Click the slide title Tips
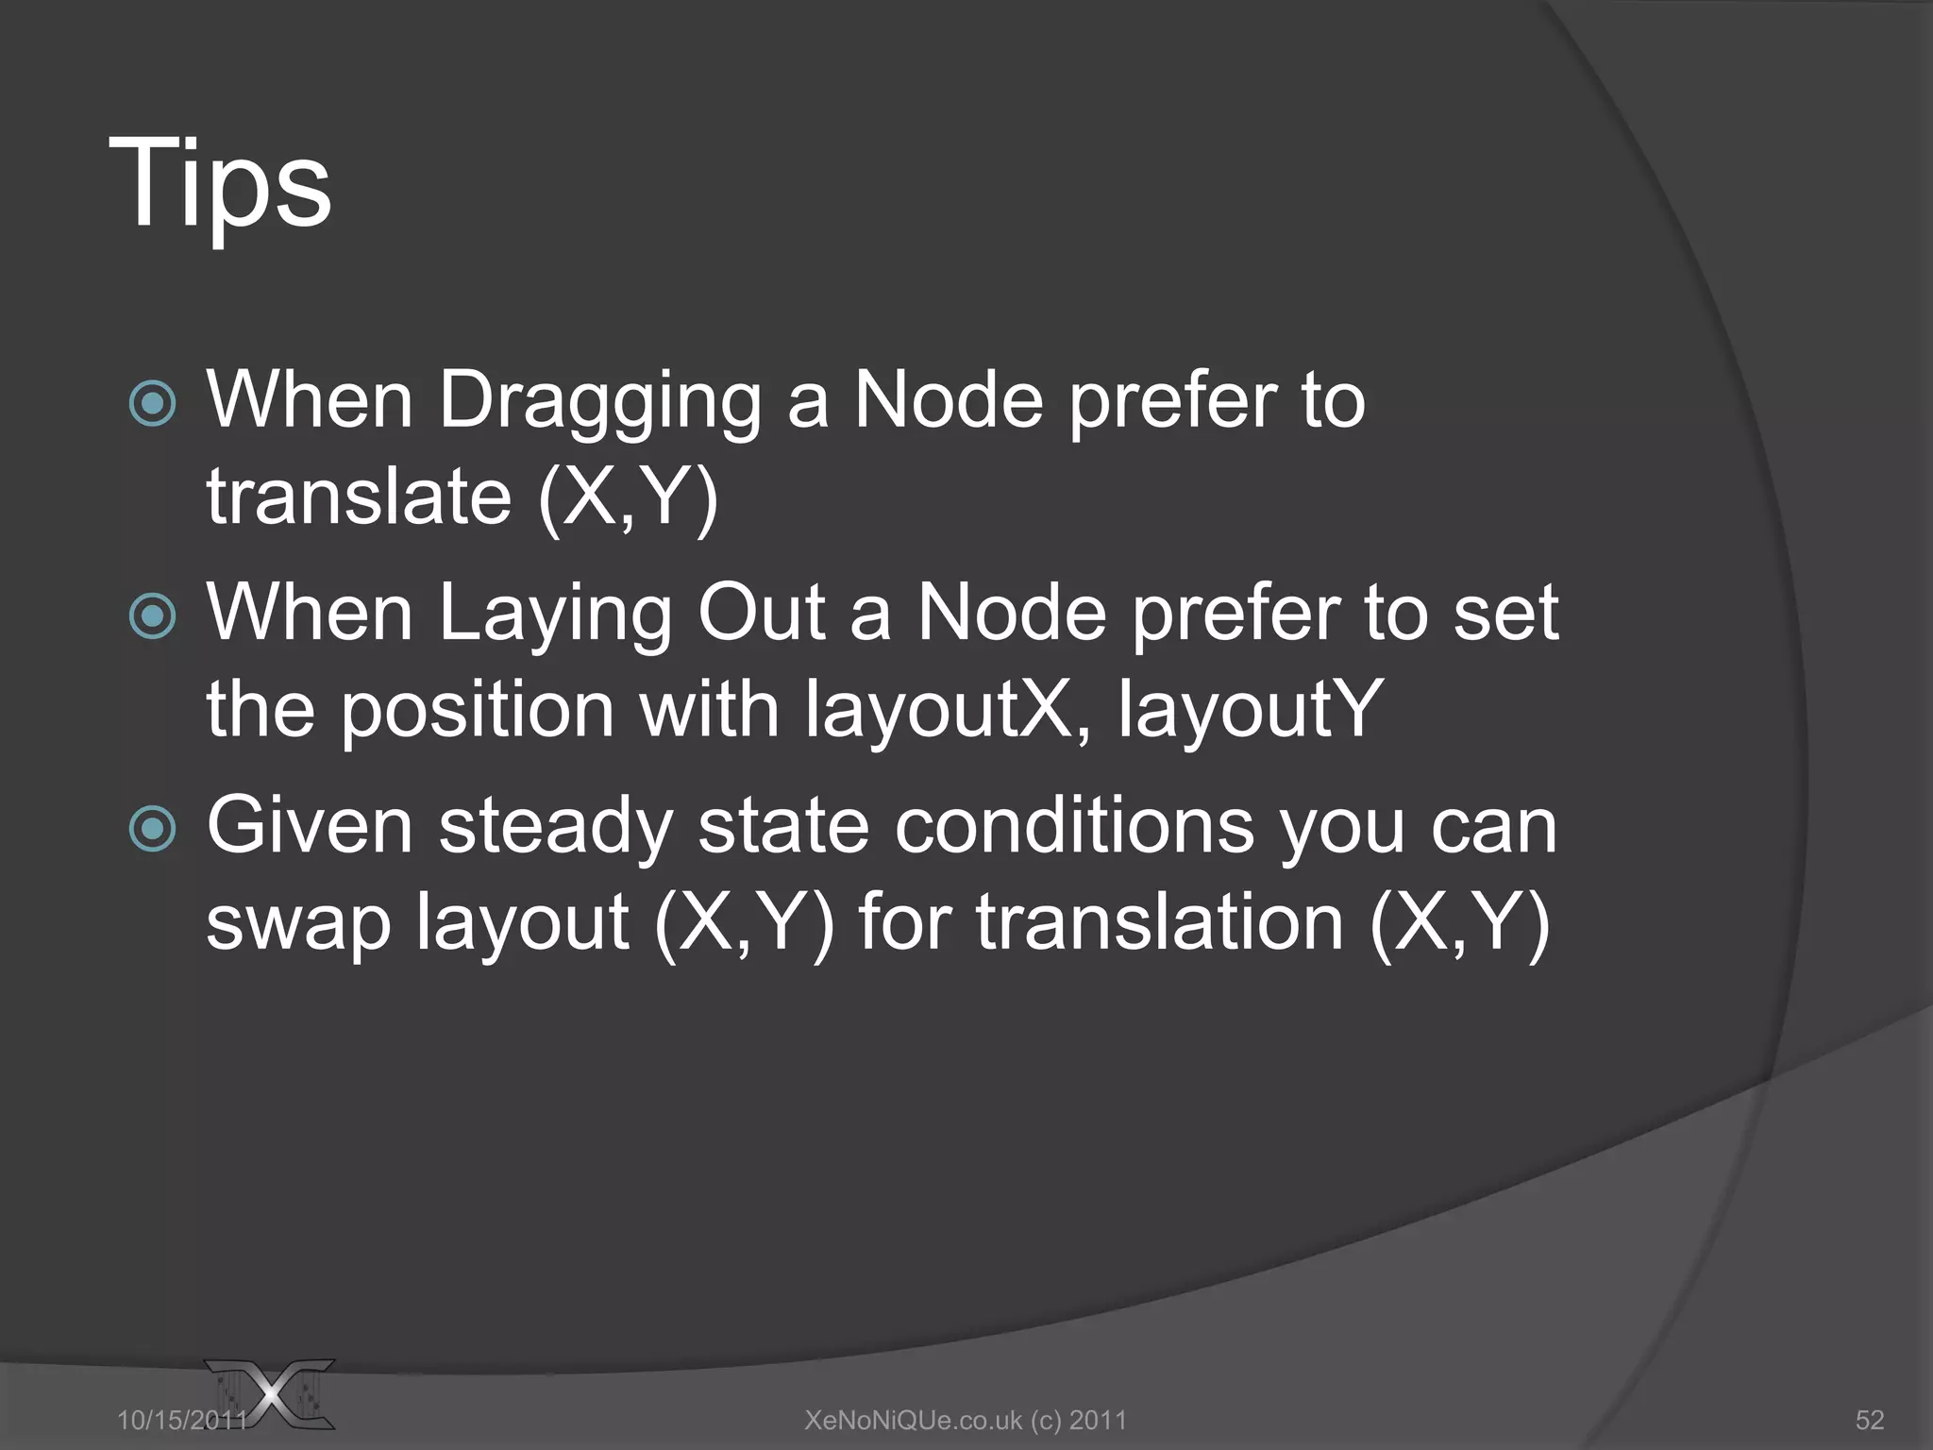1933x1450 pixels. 220,183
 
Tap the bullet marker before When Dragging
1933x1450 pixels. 152,404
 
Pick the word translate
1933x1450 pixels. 359,497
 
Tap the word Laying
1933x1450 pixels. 556,615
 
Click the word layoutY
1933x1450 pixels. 1250,710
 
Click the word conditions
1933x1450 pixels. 1074,827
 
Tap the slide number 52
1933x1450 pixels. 1870,1420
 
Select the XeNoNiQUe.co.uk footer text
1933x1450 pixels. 966,1420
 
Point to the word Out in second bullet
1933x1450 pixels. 762,614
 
